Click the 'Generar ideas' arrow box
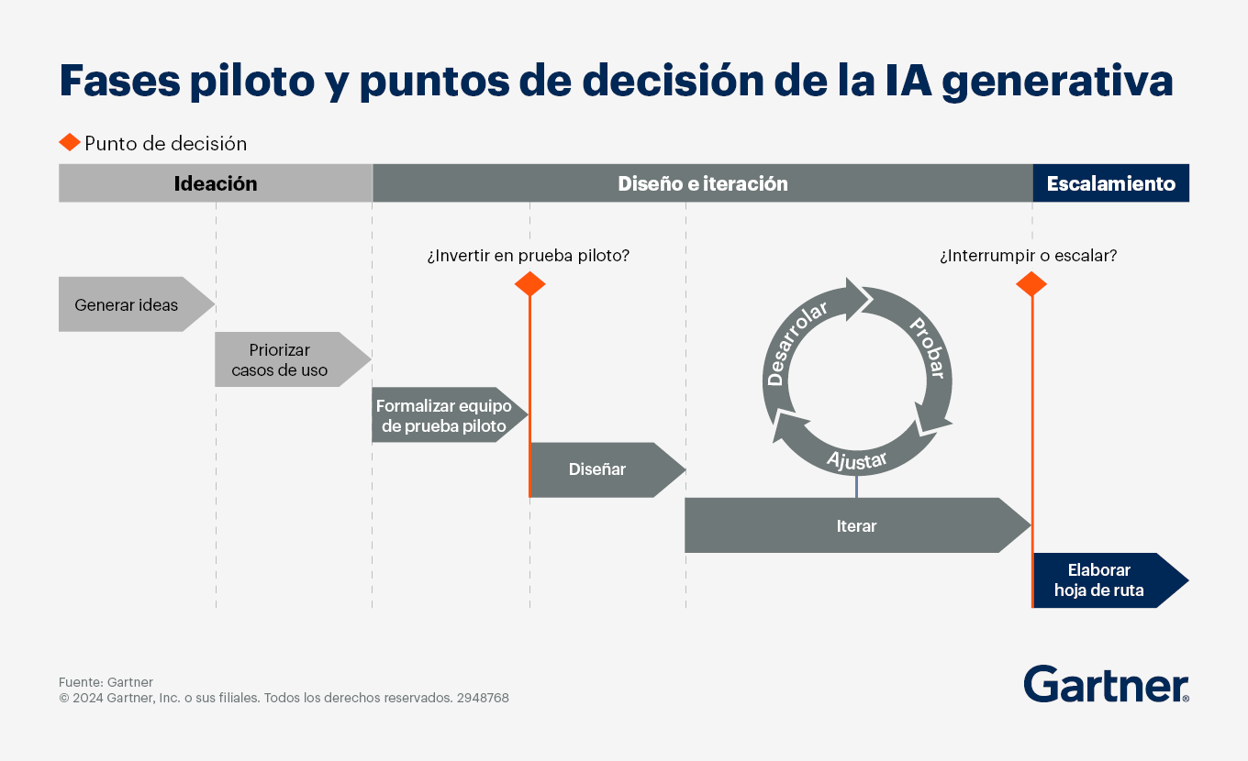[137, 304]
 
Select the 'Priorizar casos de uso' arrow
[293, 359]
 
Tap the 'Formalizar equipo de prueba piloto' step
[450, 414]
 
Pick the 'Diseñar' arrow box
[607, 469]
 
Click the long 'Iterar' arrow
[857, 525]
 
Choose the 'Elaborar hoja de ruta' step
[1111, 580]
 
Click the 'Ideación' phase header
[216, 183]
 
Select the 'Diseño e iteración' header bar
[703, 183]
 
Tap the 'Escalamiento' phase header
[1111, 183]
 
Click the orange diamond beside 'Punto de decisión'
[70, 142]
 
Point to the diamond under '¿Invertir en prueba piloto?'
[529, 284]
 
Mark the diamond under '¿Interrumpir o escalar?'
[1031, 284]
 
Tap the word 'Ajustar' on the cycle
[857, 460]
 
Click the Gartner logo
[1106, 684]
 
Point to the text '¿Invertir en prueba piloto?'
[529, 256]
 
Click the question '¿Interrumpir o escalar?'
[1029, 256]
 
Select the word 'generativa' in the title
[1057, 82]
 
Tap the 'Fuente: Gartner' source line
[106, 682]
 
